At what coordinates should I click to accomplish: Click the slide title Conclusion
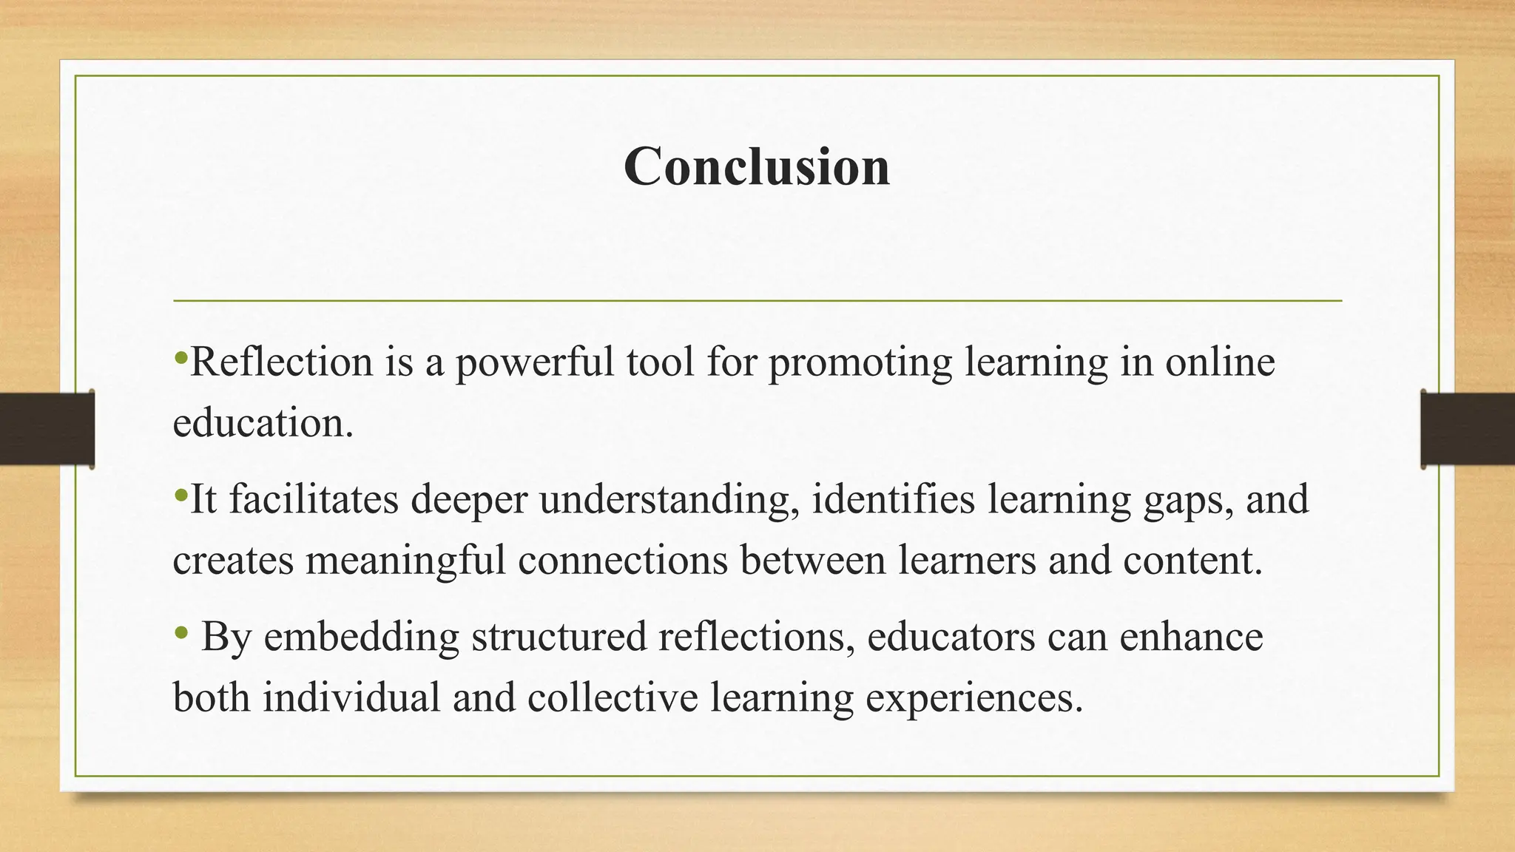click(757, 166)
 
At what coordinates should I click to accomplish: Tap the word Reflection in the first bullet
click(282, 362)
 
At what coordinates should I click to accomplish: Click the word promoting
click(860, 362)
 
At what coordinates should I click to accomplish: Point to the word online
click(1220, 362)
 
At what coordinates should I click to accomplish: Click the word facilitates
click(314, 499)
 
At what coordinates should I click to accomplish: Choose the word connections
click(623, 560)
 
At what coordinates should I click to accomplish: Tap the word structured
click(559, 637)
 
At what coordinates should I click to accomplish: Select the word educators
click(951, 637)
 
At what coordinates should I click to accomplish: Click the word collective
click(613, 697)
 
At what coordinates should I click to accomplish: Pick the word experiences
click(968, 697)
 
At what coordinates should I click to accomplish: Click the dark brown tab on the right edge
click(1468, 429)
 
